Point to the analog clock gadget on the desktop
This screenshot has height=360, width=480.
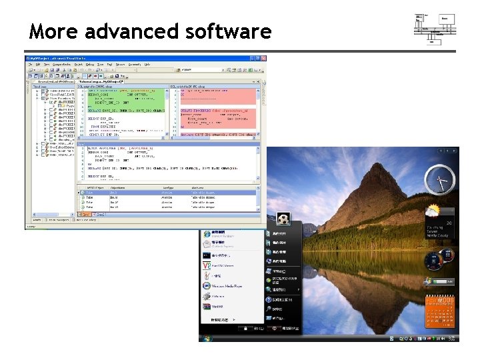(x=441, y=179)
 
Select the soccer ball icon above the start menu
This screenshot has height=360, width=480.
(x=283, y=218)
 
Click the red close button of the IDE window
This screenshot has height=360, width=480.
(x=263, y=59)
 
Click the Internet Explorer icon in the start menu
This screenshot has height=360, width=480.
(x=207, y=235)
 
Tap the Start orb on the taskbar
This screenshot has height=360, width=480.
(x=208, y=338)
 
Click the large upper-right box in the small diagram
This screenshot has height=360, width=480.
(x=447, y=19)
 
